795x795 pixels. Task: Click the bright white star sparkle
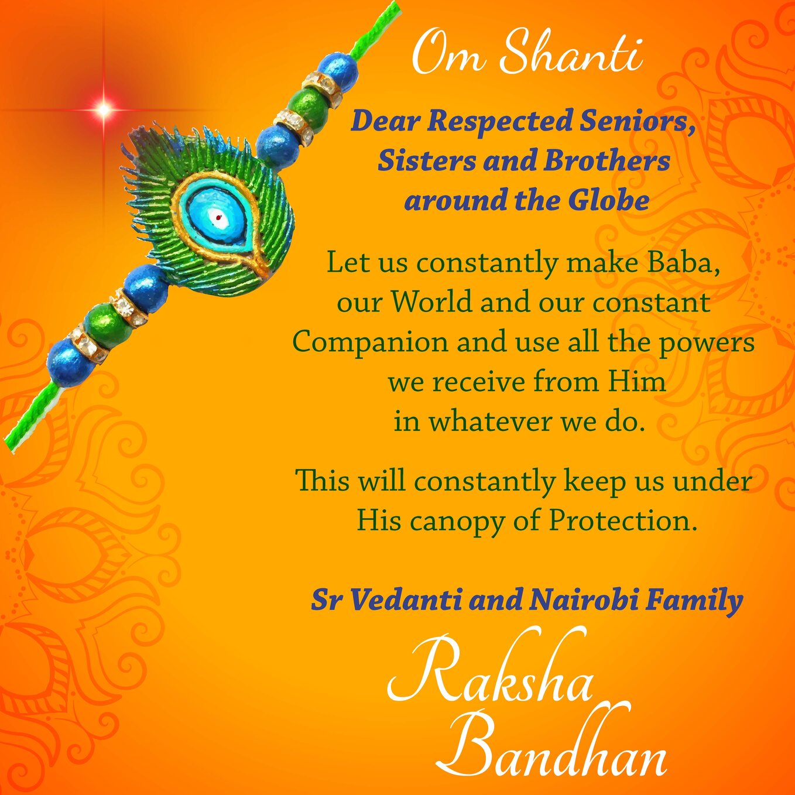click(x=104, y=109)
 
